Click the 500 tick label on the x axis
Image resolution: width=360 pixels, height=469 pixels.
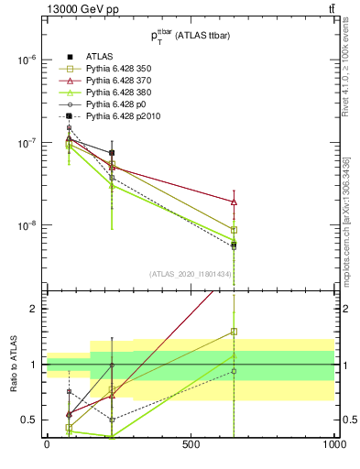(191, 444)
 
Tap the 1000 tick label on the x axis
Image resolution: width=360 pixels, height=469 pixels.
(334, 444)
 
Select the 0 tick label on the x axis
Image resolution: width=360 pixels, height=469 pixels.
(47, 444)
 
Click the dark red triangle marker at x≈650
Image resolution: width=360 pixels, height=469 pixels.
(234, 202)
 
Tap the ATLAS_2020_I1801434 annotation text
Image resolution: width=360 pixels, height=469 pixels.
(191, 274)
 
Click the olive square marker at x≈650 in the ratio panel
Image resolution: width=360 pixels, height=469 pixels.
(234, 331)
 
